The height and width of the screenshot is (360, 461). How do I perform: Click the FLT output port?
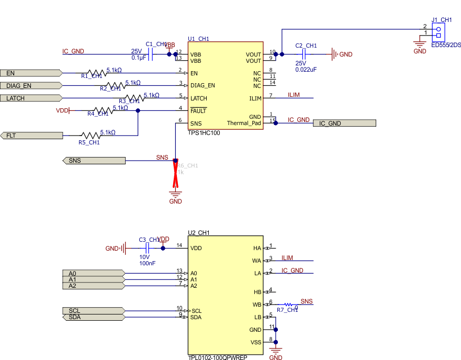click(x=31, y=136)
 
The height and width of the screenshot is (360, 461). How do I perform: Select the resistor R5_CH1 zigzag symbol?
click(x=90, y=136)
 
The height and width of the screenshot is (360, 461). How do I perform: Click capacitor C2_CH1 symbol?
click(x=303, y=54)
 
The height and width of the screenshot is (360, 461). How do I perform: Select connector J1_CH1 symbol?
click(x=437, y=31)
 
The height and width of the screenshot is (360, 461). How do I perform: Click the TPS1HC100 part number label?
click(x=204, y=133)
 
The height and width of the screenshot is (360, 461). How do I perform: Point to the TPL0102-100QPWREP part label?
click(x=217, y=358)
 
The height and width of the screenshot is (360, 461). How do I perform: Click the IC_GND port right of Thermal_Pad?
click(x=344, y=123)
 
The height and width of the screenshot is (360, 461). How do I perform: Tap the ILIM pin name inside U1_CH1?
click(x=255, y=98)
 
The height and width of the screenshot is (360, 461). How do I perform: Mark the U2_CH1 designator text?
click(x=199, y=233)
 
